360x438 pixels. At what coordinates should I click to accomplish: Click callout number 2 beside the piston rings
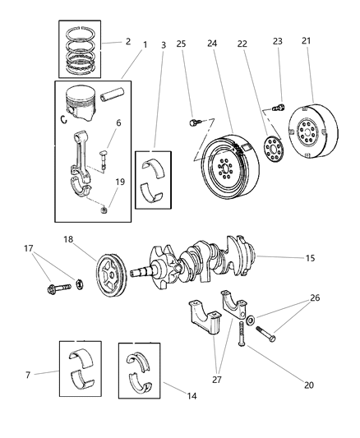coord(127,40)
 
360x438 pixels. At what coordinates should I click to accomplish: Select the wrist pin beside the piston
coord(111,96)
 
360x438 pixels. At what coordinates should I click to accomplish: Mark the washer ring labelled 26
coord(250,320)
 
